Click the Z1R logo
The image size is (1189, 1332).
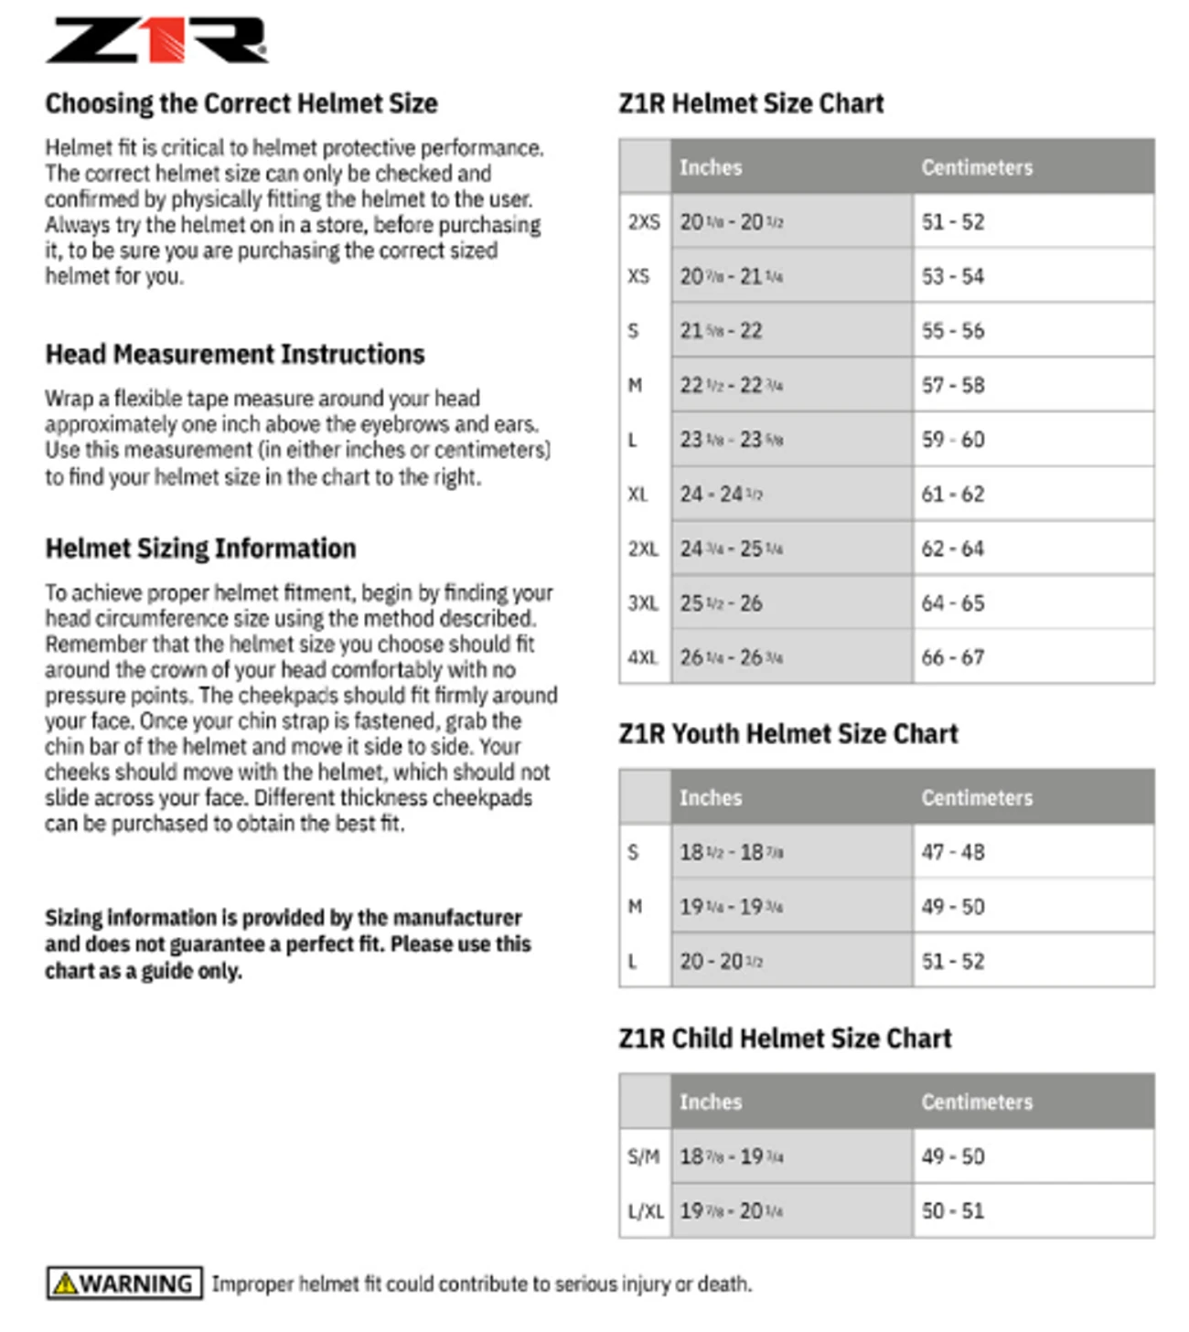point(156,40)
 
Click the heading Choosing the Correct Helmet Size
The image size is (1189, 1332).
point(241,103)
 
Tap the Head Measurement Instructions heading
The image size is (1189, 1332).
point(235,354)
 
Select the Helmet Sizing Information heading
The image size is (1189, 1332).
point(200,549)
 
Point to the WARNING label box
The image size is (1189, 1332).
point(124,1284)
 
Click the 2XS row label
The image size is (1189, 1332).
point(644,222)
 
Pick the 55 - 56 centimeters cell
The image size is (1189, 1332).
point(953,331)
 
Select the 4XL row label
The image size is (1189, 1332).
point(644,657)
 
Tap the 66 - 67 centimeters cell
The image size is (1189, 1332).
point(953,657)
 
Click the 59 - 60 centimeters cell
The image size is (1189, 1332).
point(953,440)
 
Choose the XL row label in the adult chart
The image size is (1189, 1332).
point(638,495)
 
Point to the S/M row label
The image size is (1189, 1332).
point(644,1156)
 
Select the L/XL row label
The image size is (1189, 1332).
point(646,1211)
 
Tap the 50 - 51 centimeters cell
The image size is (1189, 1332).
point(953,1211)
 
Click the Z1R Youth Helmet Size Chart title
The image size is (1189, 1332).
point(788,734)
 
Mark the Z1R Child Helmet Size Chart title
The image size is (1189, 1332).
point(785,1039)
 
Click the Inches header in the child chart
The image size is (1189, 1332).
point(711,1102)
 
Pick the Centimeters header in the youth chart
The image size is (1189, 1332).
point(977,797)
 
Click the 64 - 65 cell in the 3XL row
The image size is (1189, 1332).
point(953,603)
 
